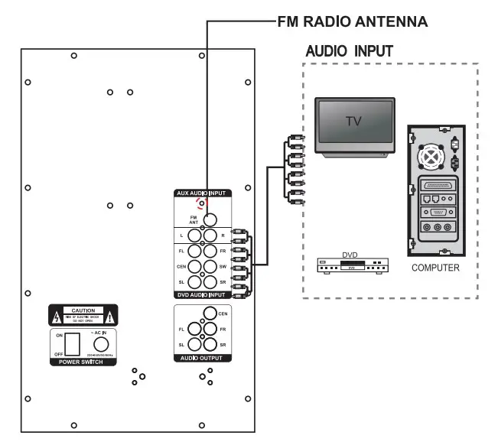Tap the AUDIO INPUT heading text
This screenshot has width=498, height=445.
pos(349,51)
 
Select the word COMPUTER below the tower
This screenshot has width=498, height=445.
pos(435,268)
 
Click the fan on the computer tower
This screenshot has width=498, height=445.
pos(434,155)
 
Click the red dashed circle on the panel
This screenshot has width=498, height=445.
pos(201,203)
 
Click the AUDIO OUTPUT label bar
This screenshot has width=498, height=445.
pos(203,358)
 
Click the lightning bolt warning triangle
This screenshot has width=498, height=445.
pos(56,315)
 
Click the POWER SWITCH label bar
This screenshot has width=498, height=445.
pos(82,362)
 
